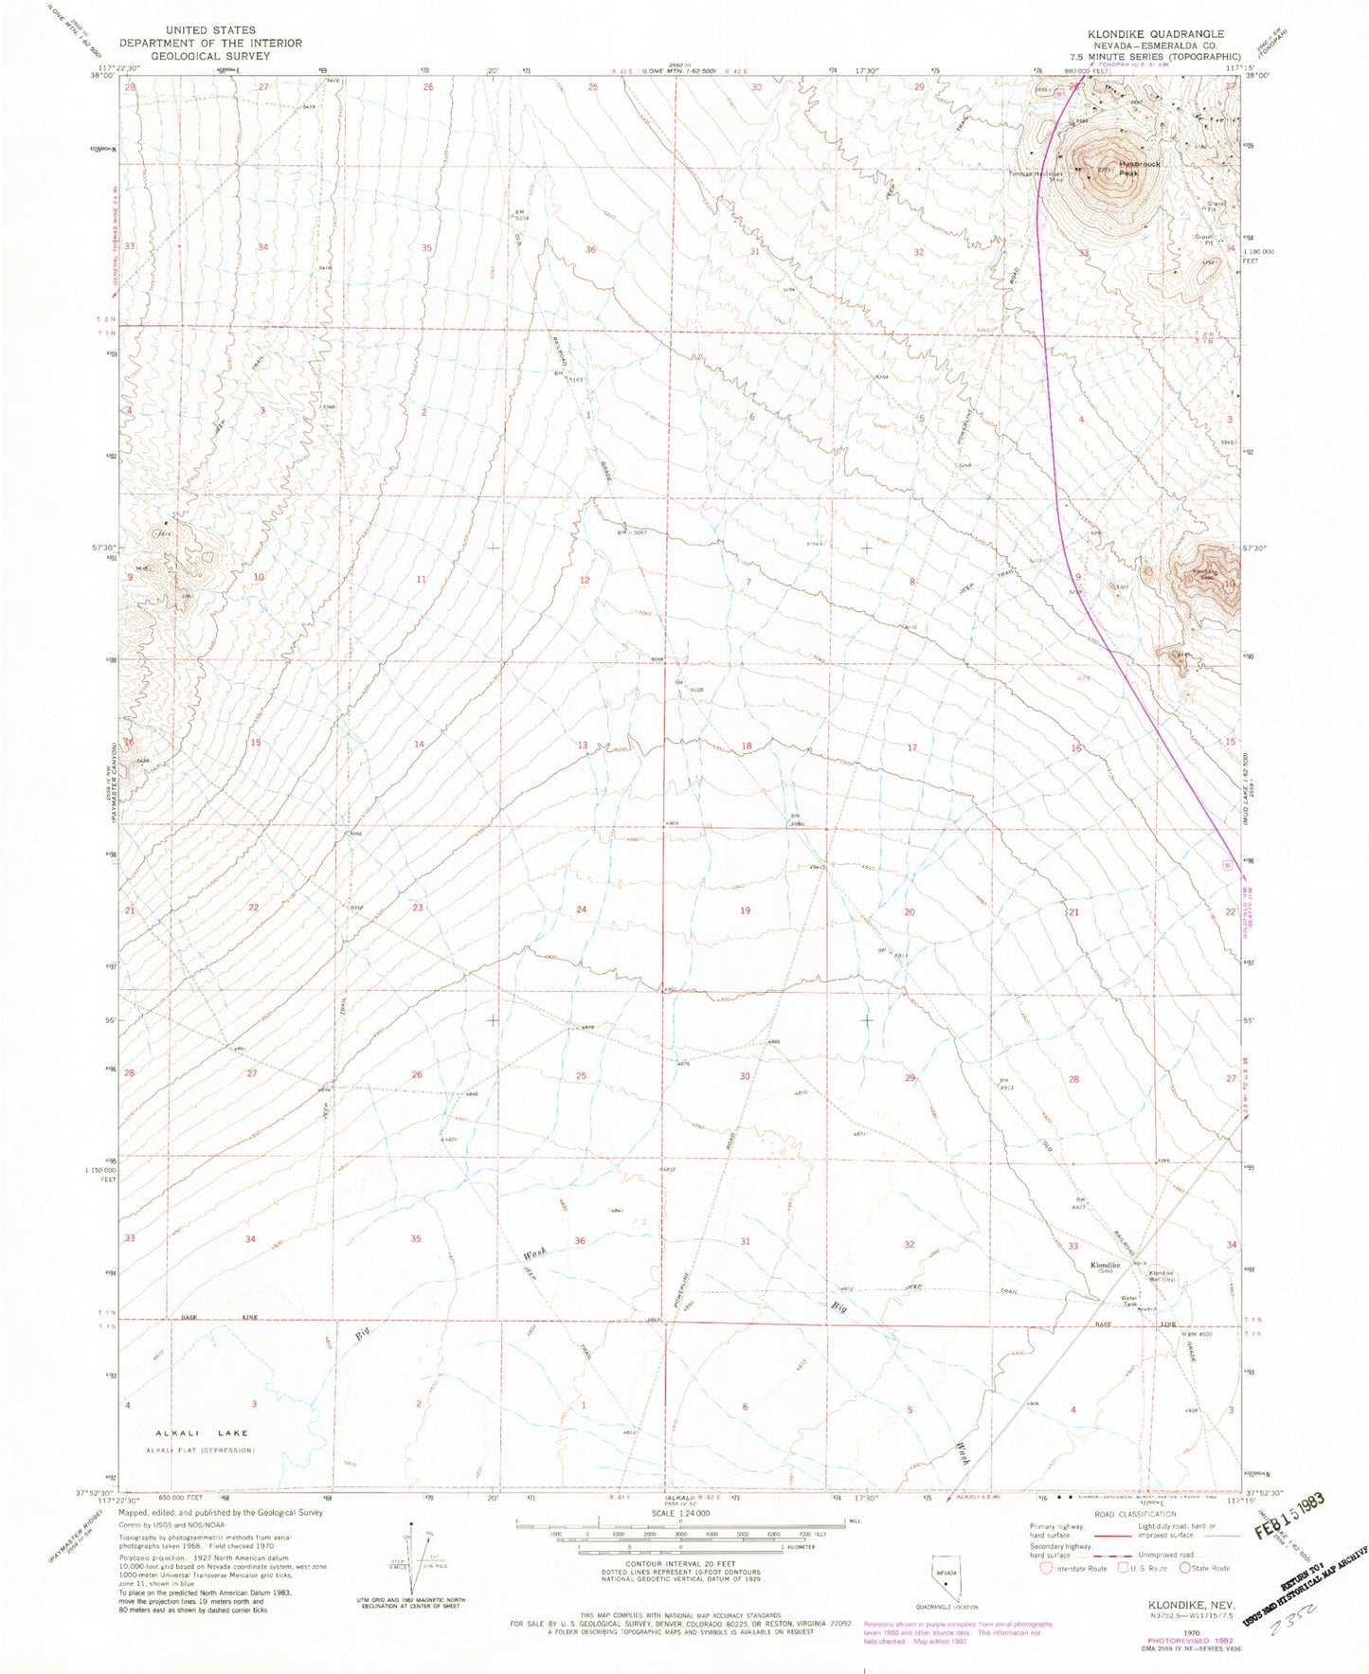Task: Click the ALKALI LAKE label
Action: point(187,1433)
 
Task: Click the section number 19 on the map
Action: point(746,910)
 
